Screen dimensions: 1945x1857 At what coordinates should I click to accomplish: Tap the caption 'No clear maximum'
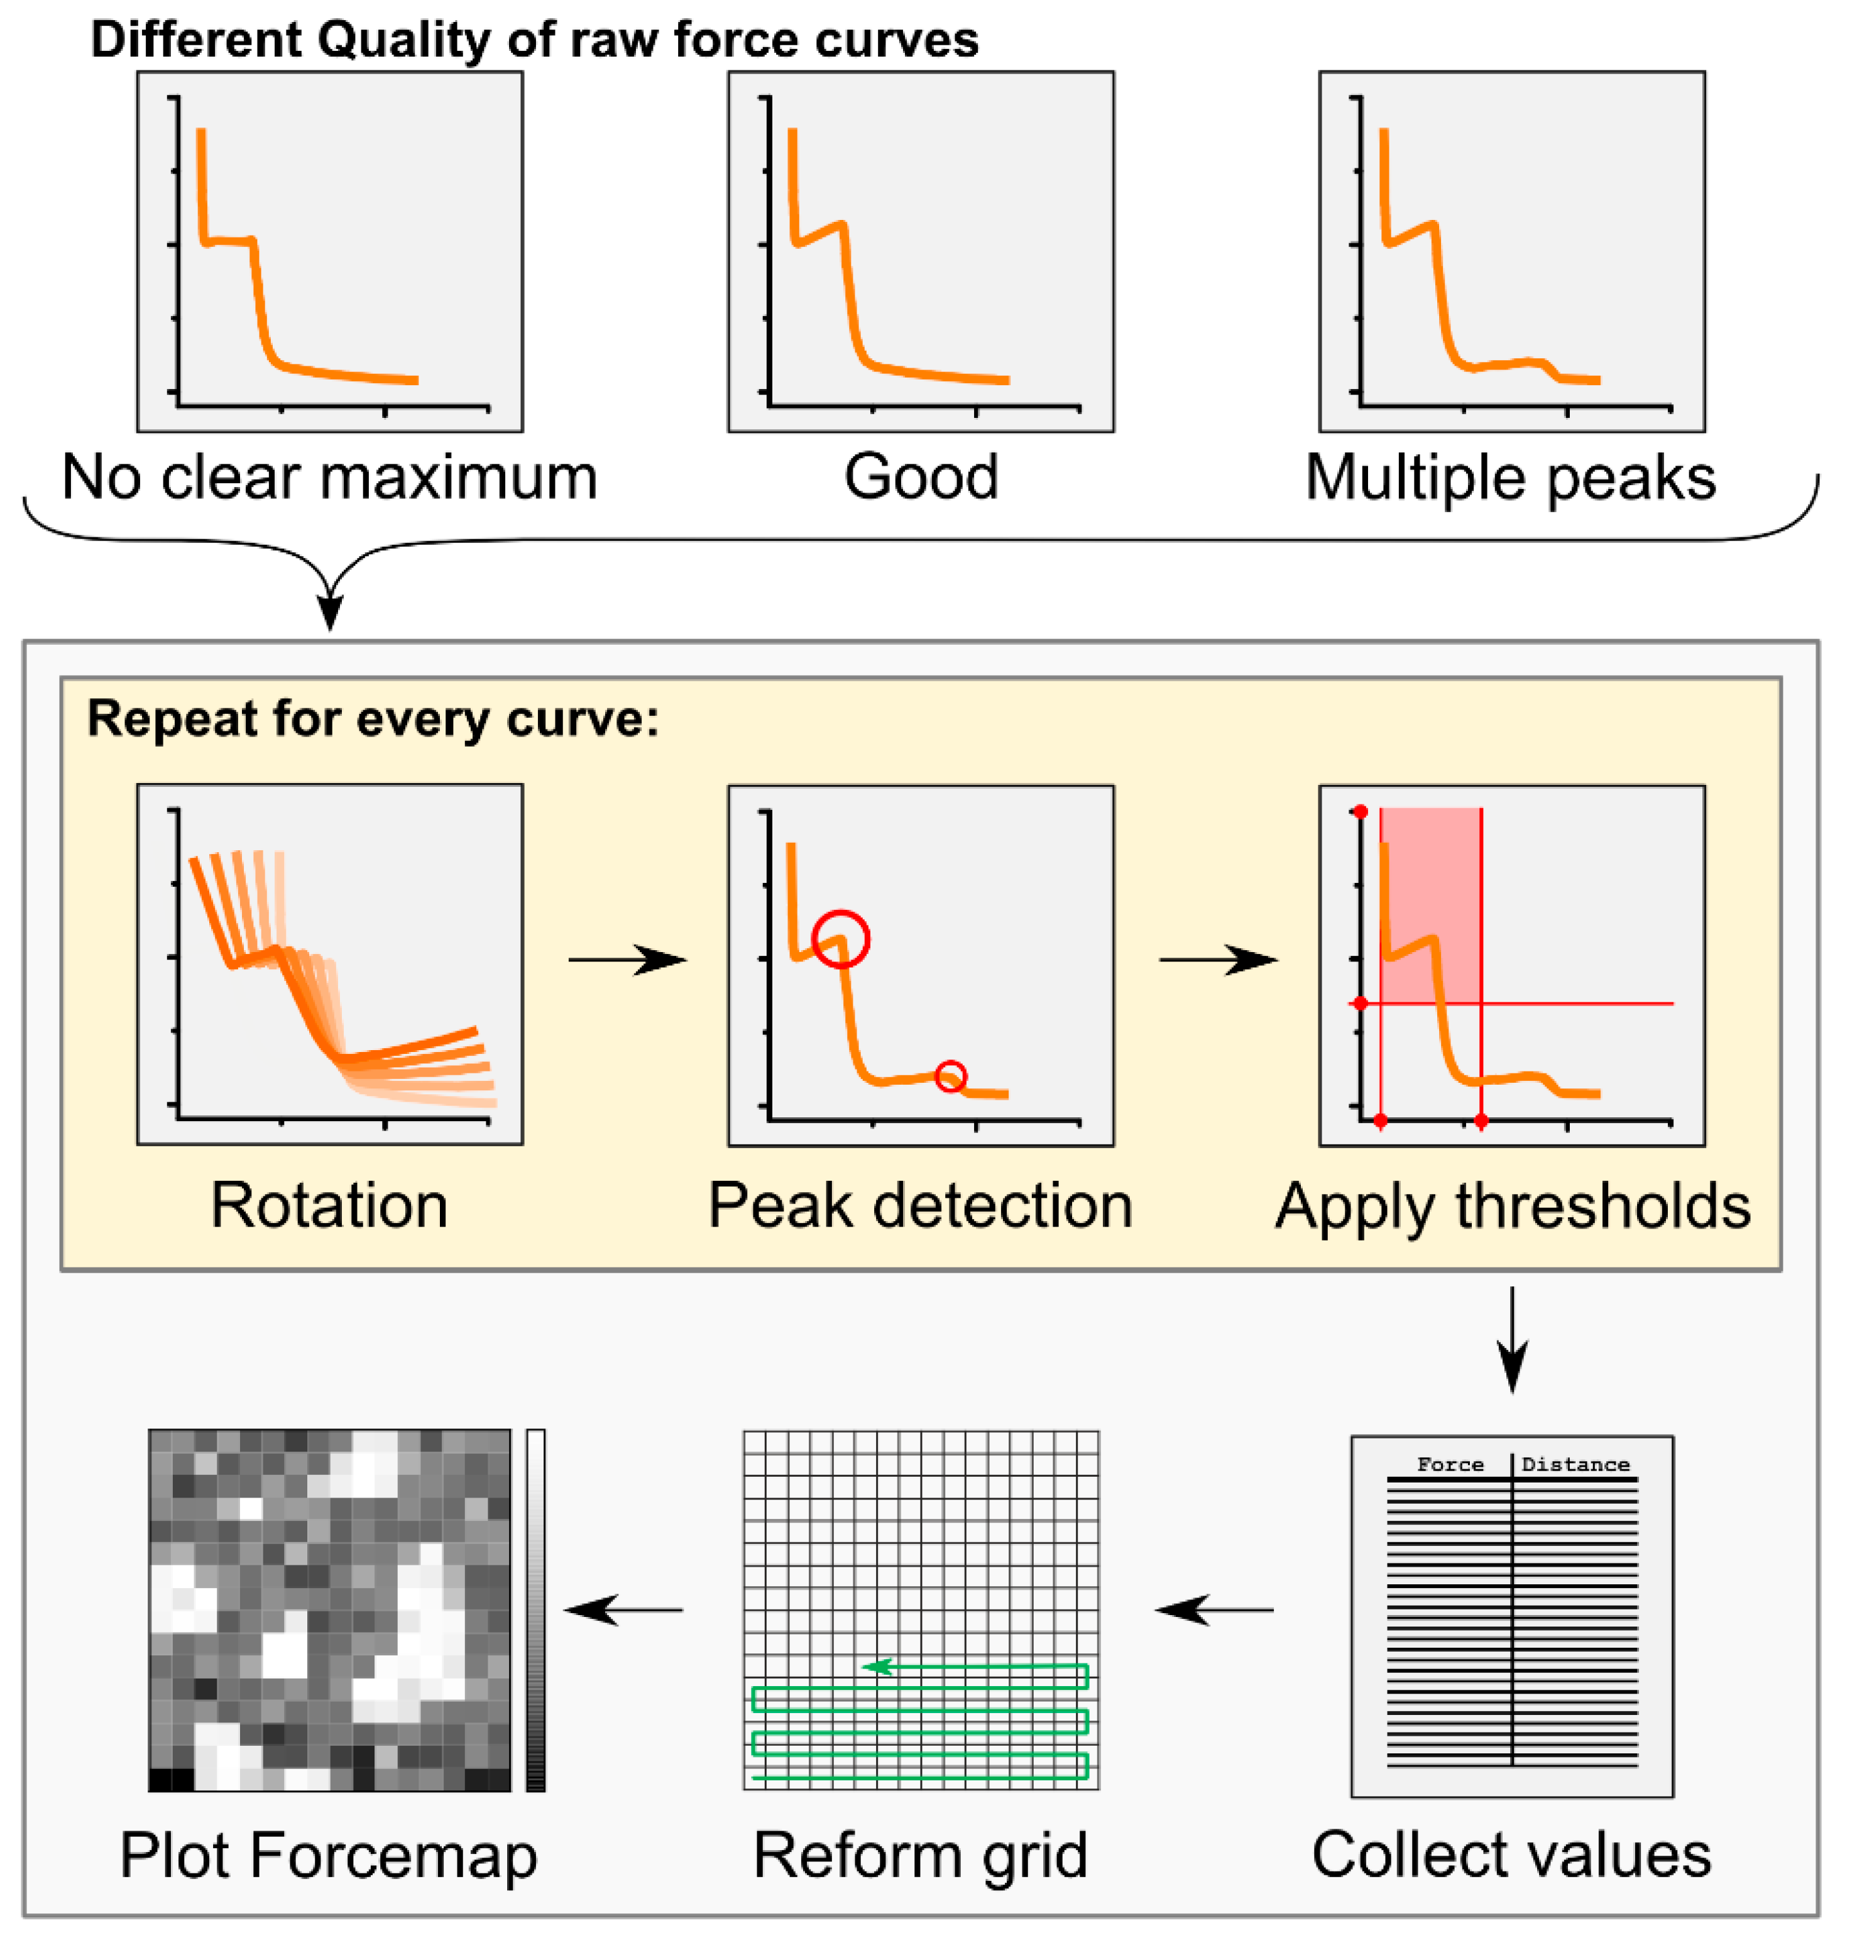pos(330,477)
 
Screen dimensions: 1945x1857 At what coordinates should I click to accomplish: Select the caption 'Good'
pos(921,477)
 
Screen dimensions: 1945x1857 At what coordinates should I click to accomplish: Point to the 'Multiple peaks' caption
pos(1511,477)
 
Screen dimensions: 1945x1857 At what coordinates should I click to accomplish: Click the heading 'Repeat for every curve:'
pos(373,718)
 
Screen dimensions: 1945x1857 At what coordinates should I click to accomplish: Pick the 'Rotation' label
pos(330,1205)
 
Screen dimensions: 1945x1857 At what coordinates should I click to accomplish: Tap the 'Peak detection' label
pos(921,1205)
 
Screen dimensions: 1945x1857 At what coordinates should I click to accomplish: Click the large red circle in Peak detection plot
pos(840,938)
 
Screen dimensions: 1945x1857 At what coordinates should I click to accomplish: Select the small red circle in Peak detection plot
pos(950,1076)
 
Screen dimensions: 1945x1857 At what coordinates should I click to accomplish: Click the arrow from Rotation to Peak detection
pos(628,959)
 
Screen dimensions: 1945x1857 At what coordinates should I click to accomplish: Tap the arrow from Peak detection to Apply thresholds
pos(1219,959)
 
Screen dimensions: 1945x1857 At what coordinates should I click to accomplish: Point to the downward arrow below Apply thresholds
pos(1511,1341)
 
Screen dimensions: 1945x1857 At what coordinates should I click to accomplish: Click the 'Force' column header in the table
pos(1450,1465)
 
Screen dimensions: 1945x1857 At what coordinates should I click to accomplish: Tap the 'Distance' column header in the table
pos(1575,1465)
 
